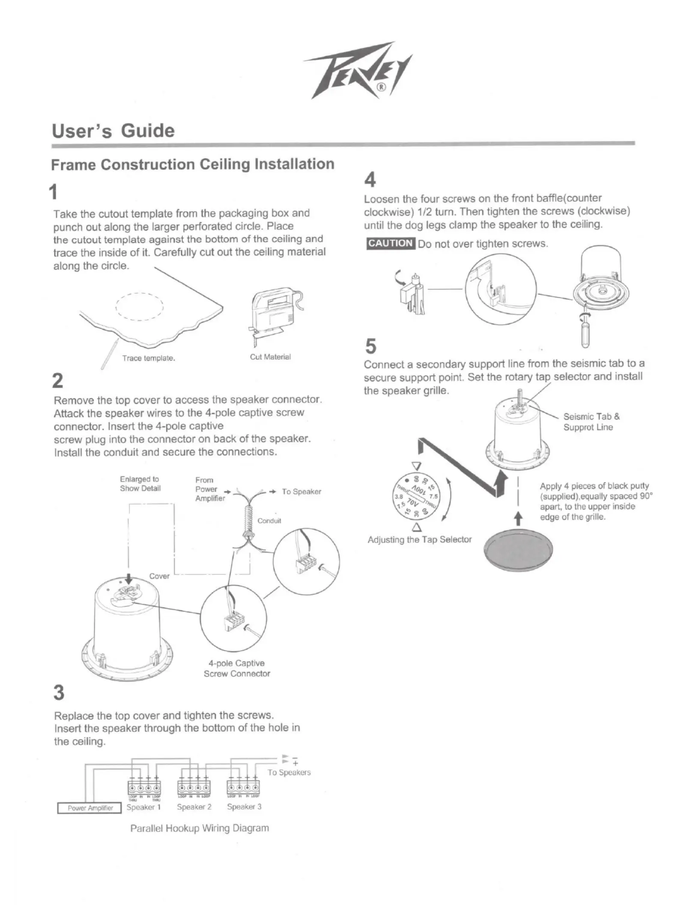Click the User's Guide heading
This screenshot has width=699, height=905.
tap(113, 131)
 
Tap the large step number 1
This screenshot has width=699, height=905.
tap(54, 192)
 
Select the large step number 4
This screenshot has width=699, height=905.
tap(370, 180)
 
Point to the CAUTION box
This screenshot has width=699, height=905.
tap(390, 243)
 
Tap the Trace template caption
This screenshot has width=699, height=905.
tap(148, 358)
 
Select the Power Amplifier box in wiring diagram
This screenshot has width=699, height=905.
tap(90, 808)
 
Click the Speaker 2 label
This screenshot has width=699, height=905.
tap(194, 807)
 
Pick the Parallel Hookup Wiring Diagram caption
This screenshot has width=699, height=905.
tap(199, 828)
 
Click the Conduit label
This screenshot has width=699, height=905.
tap(269, 521)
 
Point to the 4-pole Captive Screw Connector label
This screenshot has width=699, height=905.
tap(237, 668)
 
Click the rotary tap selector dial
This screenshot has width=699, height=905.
tap(416, 496)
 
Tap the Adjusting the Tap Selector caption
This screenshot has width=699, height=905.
tap(419, 539)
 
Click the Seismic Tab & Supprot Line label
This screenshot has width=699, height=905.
tap(591, 422)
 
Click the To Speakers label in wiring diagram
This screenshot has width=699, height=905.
tap(289, 772)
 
